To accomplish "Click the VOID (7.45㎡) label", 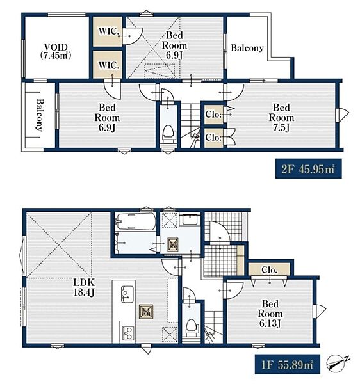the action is [x=56, y=51].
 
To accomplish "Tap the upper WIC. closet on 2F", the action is [x=108, y=31].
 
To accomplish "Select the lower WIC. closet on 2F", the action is [x=108, y=65].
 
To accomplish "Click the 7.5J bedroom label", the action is [x=281, y=118].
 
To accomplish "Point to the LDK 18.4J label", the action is [x=84, y=287].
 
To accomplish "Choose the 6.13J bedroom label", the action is [x=270, y=314].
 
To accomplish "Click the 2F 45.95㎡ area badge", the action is [x=308, y=169].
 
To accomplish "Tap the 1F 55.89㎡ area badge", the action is [x=287, y=364].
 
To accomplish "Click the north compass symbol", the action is [x=337, y=363].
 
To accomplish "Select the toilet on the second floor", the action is [x=168, y=134].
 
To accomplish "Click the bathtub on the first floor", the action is [x=136, y=221].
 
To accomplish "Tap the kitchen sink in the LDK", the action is [x=127, y=294].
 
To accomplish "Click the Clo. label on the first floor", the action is [x=269, y=270].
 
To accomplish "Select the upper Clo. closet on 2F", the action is [x=214, y=115].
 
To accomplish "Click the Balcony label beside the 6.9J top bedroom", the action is [x=247, y=48].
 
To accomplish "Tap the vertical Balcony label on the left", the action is [x=40, y=115].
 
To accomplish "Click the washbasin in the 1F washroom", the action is [x=190, y=219].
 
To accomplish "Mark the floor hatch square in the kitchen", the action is [x=146, y=312].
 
